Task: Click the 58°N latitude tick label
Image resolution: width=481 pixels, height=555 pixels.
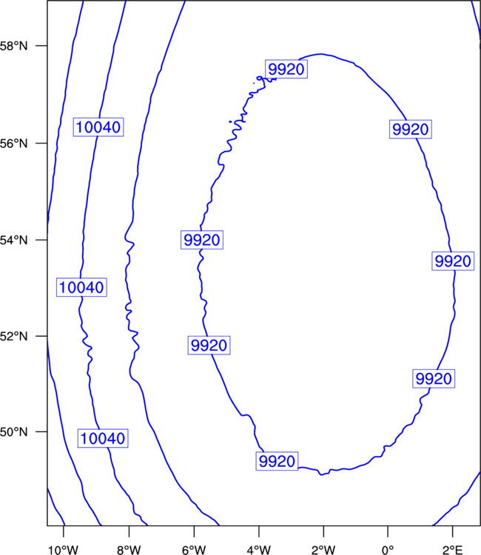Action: tap(13, 46)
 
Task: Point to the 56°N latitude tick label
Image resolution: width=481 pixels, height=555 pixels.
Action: tap(13, 144)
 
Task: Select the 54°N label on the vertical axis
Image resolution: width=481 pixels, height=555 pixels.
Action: tap(13, 240)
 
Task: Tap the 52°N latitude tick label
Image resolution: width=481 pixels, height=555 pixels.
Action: tap(13, 336)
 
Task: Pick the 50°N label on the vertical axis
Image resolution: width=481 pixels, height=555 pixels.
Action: tap(13, 432)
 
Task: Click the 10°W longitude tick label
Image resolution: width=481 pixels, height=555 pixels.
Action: tap(63, 550)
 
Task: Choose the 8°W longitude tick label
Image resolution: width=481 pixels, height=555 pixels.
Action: tap(129, 550)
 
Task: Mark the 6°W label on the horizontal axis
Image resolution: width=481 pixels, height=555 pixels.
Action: tap(194, 550)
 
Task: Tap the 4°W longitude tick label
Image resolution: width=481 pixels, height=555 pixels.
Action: tap(259, 550)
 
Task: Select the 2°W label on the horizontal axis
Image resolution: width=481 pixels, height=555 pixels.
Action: tap(323, 550)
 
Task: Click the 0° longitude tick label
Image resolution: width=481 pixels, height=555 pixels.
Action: tap(388, 550)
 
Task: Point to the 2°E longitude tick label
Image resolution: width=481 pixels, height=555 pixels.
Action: tap(452, 550)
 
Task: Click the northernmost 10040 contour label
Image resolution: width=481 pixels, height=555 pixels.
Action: tap(98, 127)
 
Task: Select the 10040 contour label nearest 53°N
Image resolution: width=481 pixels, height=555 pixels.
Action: tap(81, 287)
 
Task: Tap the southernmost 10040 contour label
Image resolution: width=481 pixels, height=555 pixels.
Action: tap(103, 439)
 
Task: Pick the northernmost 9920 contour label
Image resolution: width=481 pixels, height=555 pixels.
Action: tap(286, 69)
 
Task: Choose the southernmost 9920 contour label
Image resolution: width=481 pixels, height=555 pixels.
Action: tap(277, 461)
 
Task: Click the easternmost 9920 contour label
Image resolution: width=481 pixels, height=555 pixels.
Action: tap(453, 261)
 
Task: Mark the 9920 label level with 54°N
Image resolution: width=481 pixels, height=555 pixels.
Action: tap(202, 240)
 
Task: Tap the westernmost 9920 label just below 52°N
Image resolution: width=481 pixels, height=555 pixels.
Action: tap(209, 346)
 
